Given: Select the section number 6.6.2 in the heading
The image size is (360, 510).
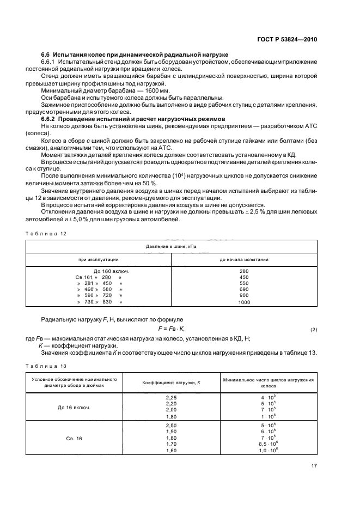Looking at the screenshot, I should [x=50, y=119].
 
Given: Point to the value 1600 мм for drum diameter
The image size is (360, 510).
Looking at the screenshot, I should [x=158, y=90].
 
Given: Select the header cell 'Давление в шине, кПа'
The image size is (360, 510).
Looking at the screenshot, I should [x=171, y=247].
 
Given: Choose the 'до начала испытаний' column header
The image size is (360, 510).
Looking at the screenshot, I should [x=243, y=260].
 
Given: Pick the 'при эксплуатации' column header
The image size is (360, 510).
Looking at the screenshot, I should [x=99, y=260].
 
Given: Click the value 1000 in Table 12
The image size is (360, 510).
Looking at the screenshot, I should [x=243, y=302].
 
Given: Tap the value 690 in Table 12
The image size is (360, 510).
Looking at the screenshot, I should [x=243, y=289].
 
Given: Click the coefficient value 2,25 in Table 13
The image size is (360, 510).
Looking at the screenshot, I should [x=172, y=397].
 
